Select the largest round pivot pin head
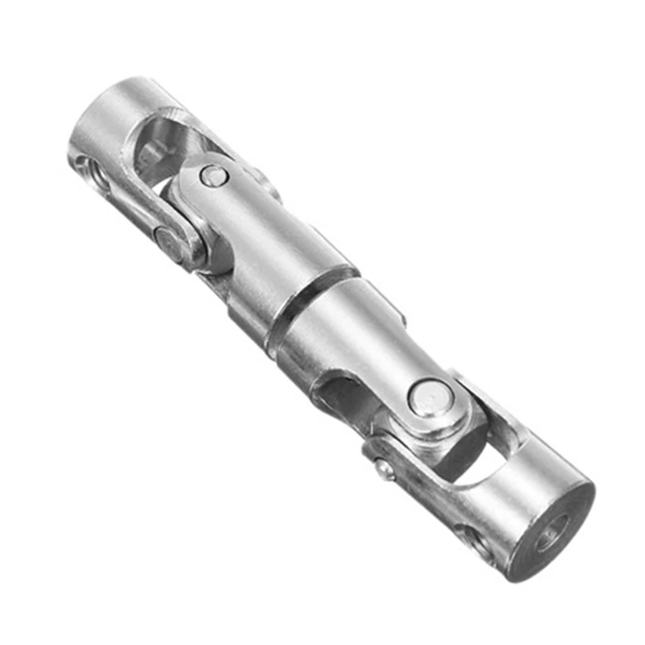coord(425,397)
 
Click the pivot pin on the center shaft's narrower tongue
coord(213,175)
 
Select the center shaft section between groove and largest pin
coord(355,339)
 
